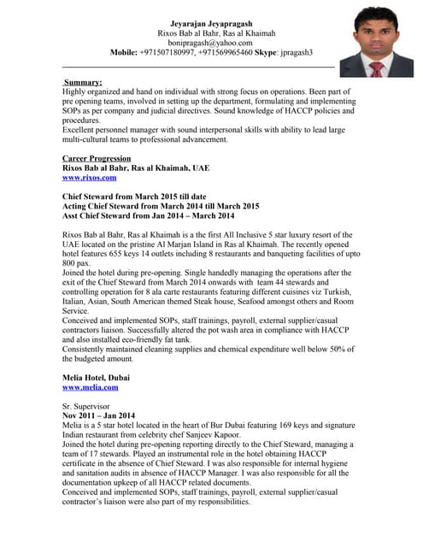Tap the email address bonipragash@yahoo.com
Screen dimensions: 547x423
point(210,42)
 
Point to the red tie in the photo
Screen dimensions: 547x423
point(377,68)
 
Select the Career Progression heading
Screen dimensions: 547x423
point(97,159)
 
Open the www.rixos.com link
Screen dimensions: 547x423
point(89,178)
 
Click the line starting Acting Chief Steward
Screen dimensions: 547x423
point(161,206)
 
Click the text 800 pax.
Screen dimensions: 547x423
point(79,264)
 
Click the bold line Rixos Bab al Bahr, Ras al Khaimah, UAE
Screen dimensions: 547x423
point(135,168)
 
